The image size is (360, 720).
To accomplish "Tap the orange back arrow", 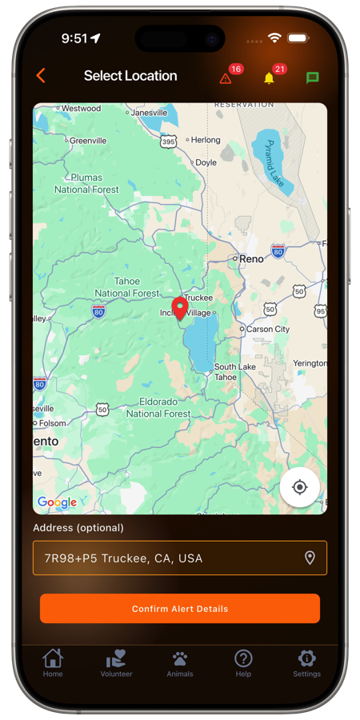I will [x=41, y=76].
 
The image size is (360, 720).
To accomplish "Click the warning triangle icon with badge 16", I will [x=226, y=78].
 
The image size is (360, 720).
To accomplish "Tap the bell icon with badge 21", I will [x=269, y=78].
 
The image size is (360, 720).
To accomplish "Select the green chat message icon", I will [x=312, y=78].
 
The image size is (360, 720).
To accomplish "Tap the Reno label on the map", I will [x=251, y=258].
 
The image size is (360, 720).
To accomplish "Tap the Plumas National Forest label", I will [x=86, y=183].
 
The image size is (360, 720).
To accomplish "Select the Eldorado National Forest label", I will [x=158, y=407].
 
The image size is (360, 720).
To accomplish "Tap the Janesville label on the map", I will [x=149, y=113].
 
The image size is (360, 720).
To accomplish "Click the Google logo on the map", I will [x=57, y=502].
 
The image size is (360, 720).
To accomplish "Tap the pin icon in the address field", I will [x=310, y=558].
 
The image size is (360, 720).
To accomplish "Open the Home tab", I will [x=53, y=662].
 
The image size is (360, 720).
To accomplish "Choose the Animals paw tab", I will [x=180, y=662].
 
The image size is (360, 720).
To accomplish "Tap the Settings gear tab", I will [x=306, y=662].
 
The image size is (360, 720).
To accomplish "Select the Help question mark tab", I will [x=243, y=662].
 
